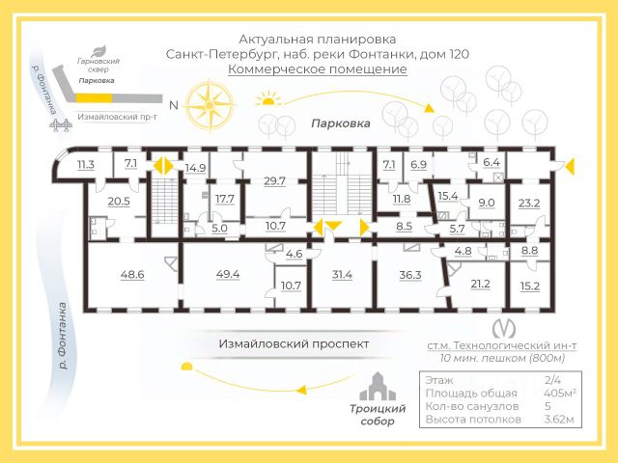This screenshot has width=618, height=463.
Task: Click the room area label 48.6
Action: point(132,274)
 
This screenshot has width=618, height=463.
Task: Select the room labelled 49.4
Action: point(228,274)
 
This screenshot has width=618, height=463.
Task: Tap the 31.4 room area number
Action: point(342,275)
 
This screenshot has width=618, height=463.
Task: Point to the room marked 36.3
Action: point(410,275)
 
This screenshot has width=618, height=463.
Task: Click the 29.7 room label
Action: point(274,181)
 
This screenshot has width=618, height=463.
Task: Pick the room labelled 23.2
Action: point(529,204)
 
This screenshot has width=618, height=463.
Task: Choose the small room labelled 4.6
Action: point(294,254)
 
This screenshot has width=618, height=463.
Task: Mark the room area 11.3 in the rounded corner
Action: point(86,165)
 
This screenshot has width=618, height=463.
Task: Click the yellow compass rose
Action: point(210,105)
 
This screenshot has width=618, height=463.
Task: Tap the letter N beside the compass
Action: point(174,105)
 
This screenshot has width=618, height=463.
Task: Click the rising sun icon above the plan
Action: point(268,98)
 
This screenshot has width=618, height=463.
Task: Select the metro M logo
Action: point(504,328)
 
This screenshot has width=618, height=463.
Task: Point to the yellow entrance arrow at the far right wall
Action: point(569,166)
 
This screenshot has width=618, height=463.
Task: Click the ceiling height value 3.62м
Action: point(559,420)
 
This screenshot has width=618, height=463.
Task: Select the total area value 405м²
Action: point(560,393)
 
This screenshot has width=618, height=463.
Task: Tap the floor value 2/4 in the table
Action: point(552,380)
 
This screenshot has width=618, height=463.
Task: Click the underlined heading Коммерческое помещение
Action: point(318,69)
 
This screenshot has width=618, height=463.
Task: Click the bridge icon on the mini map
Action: point(61,124)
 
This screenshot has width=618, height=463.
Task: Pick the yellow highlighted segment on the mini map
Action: point(94,97)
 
